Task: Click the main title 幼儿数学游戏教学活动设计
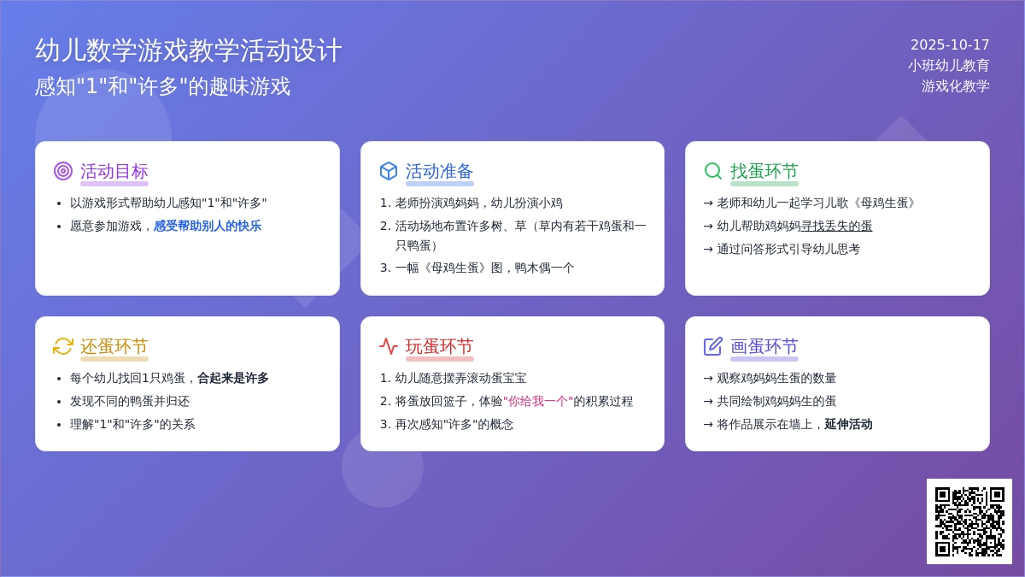tap(189, 50)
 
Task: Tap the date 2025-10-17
tap(950, 44)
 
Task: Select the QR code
tap(969, 521)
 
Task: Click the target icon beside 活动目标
tap(63, 171)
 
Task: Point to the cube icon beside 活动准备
tap(389, 171)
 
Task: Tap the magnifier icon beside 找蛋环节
tap(713, 171)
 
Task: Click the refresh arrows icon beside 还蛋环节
tap(63, 346)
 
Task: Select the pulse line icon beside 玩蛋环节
tap(389, 346)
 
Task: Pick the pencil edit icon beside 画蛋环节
tap(713, 346)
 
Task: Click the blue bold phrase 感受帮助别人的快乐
tap(208, 226)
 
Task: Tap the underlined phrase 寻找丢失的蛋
tap(836, 226)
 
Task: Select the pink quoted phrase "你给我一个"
tap(538, 401)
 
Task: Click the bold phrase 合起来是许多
tap(233, 378)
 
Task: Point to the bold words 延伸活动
tap(848, 425)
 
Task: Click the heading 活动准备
tap(439, 171)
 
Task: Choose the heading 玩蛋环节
tap(439, 347)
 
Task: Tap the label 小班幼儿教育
tap(949, 66)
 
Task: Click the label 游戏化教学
tap(956, 86)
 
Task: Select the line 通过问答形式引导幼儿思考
tap(788, 249)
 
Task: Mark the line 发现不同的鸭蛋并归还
tap(130, 402)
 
